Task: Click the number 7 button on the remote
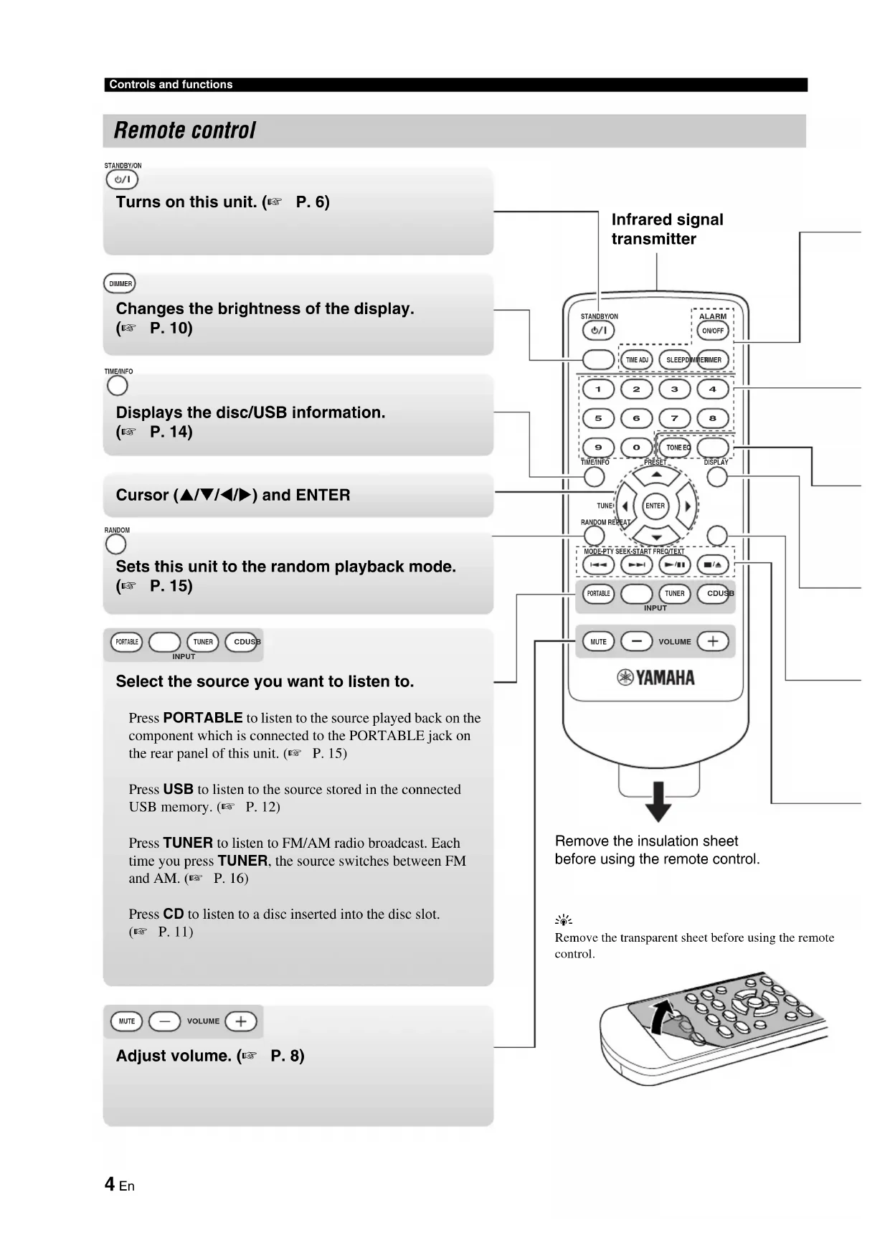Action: pyautogui.click(x=674, y=418)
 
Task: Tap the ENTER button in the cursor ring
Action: pyautogui.click(x=655, y=506)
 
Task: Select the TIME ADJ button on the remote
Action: pyautogui.click(x=637, y=359)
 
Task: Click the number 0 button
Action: pyautogui.click(x=636, y=448)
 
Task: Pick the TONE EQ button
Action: pyautogui.click(x=675, y=448)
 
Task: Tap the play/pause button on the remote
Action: pyautogui.click(x=674, y=564)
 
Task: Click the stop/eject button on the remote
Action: pyautogui.click(x=713, y=564)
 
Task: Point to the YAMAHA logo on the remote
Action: pyautogui.click(x=656, y=678)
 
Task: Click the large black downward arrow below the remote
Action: pyautogui.click(x=658, y=802)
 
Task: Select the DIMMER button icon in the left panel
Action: pyautogui.click(x=120, y=283)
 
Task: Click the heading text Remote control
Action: pyautogui.click(x=184, y=131)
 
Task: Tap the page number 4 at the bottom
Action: pyautogui.click(x=110, y=1183)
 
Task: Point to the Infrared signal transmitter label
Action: pyautogui.click(x=667, y=229)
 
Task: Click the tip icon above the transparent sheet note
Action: pyautogui.click(x=564, y=920)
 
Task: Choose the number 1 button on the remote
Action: pyautogui.click(x=598, y=389)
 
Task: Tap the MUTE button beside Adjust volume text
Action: pyautogui.click(x=127, y=1021)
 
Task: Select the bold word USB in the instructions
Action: pyautogui.click(x=178, y=789)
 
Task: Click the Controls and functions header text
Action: pyautogui.click(x=171, y=85)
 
